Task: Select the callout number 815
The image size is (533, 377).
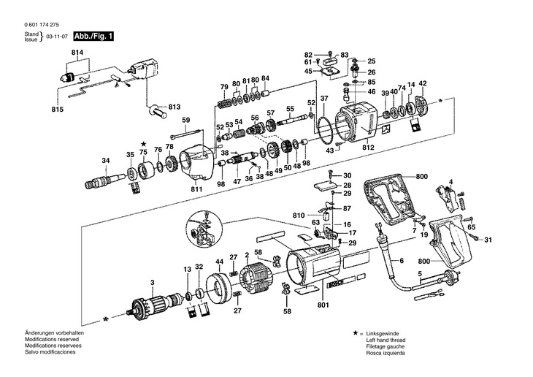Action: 58,109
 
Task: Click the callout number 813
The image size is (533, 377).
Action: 174,107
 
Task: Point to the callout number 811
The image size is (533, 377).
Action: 196,190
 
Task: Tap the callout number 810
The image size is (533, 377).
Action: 299,216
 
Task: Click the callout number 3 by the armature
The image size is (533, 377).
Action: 152,282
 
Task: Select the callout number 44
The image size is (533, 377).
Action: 219,262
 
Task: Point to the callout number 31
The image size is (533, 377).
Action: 488,240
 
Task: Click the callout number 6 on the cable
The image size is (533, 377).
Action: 400,261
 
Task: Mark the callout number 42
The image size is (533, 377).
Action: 422,83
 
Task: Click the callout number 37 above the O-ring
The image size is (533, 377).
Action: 324,98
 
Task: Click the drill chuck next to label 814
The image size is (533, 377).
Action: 71,73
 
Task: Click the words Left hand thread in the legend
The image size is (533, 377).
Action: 375,340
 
